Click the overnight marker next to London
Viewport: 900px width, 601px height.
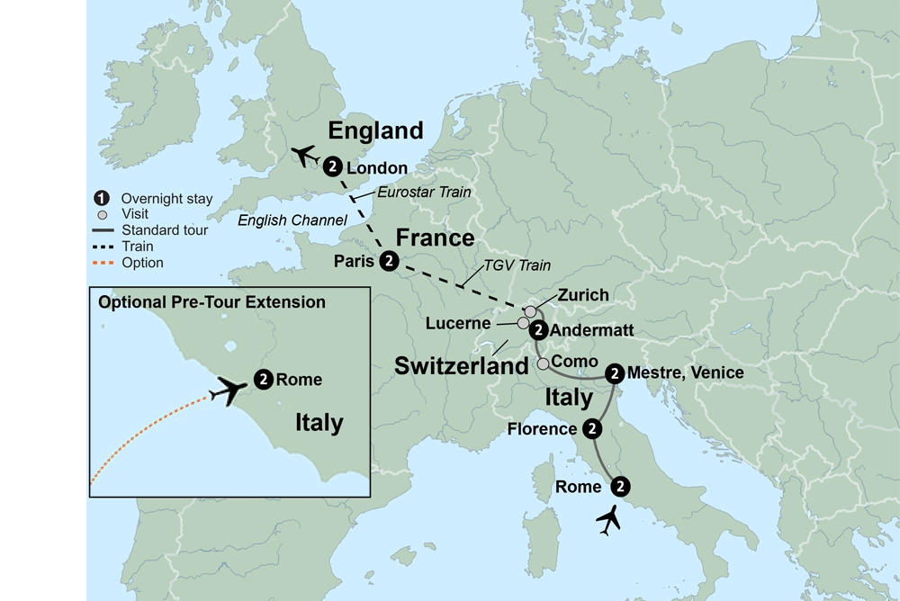(333, 166)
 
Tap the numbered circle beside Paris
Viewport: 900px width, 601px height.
(388, 261)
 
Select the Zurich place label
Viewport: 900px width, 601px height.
(583, 295)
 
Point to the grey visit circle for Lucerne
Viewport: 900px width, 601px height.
(523, 322)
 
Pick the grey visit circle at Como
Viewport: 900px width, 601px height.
(544, 363)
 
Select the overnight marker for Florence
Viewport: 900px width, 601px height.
(591, 428)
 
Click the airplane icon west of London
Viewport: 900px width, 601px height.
(305, 156)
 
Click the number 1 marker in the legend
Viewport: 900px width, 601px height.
(103, 198)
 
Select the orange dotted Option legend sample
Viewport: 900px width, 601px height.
(103, 263)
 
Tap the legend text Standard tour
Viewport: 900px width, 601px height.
(165, 230)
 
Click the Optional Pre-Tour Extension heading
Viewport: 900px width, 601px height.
(212, 302)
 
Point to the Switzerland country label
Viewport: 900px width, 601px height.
(462, 366)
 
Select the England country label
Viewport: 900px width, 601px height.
(375, 130)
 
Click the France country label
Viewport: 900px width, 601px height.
(436, 238)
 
